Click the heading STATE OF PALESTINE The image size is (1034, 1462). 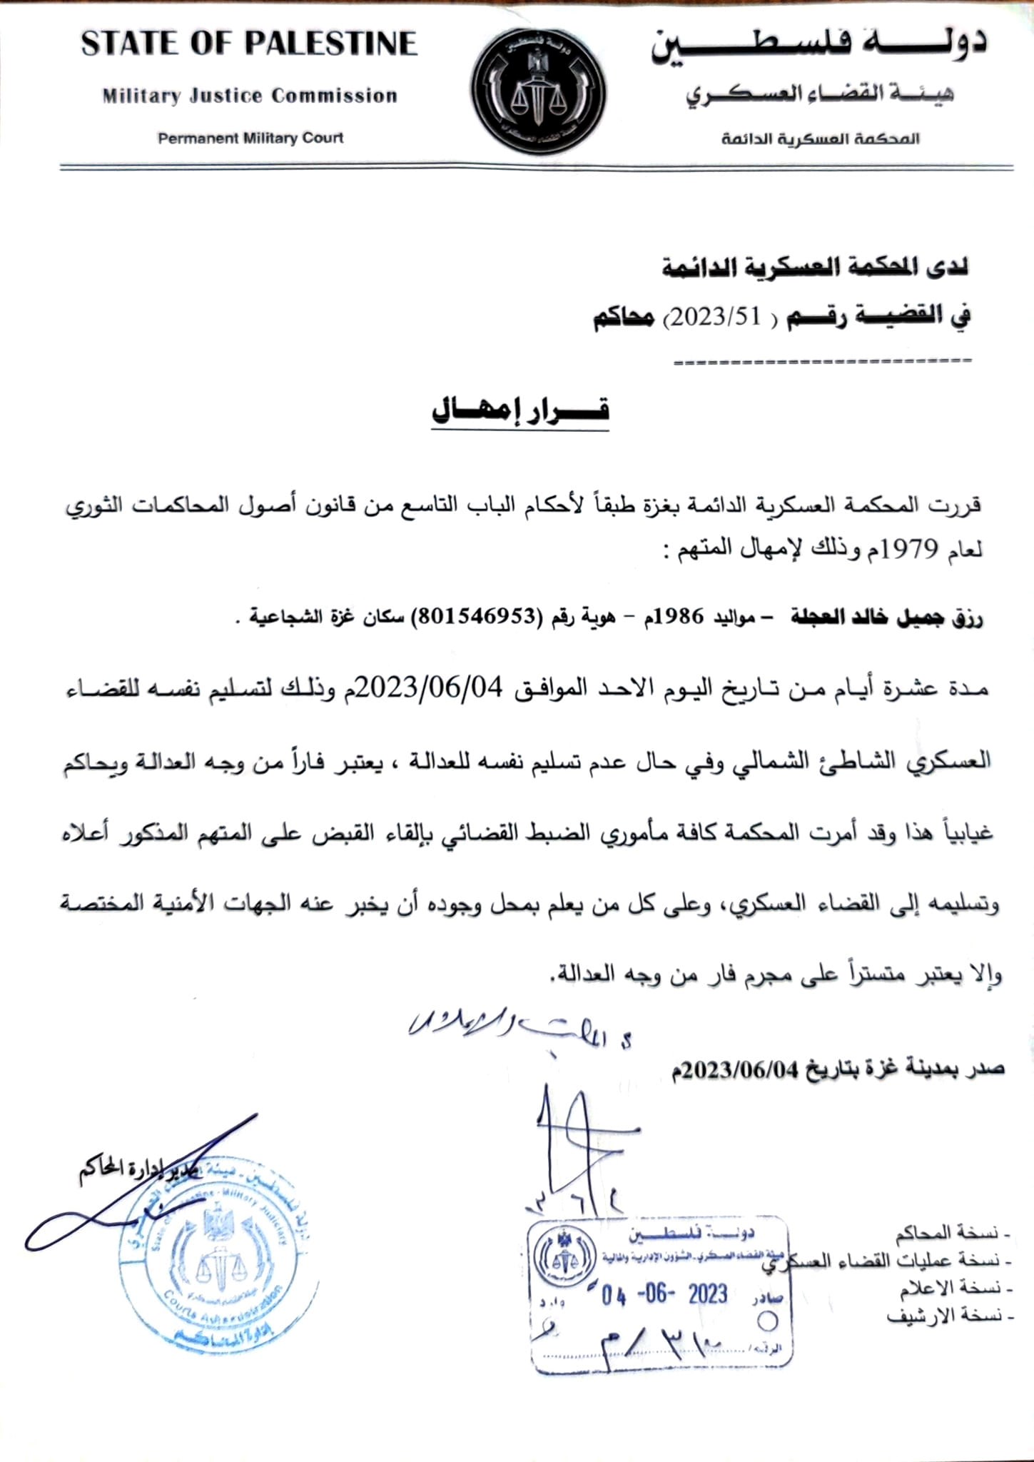coord(248,44)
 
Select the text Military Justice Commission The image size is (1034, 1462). coord(249,96)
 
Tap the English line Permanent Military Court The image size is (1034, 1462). coord(250,138)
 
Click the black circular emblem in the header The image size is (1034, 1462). coord(539,91)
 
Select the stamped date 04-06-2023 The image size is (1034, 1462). coord(664,1294)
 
